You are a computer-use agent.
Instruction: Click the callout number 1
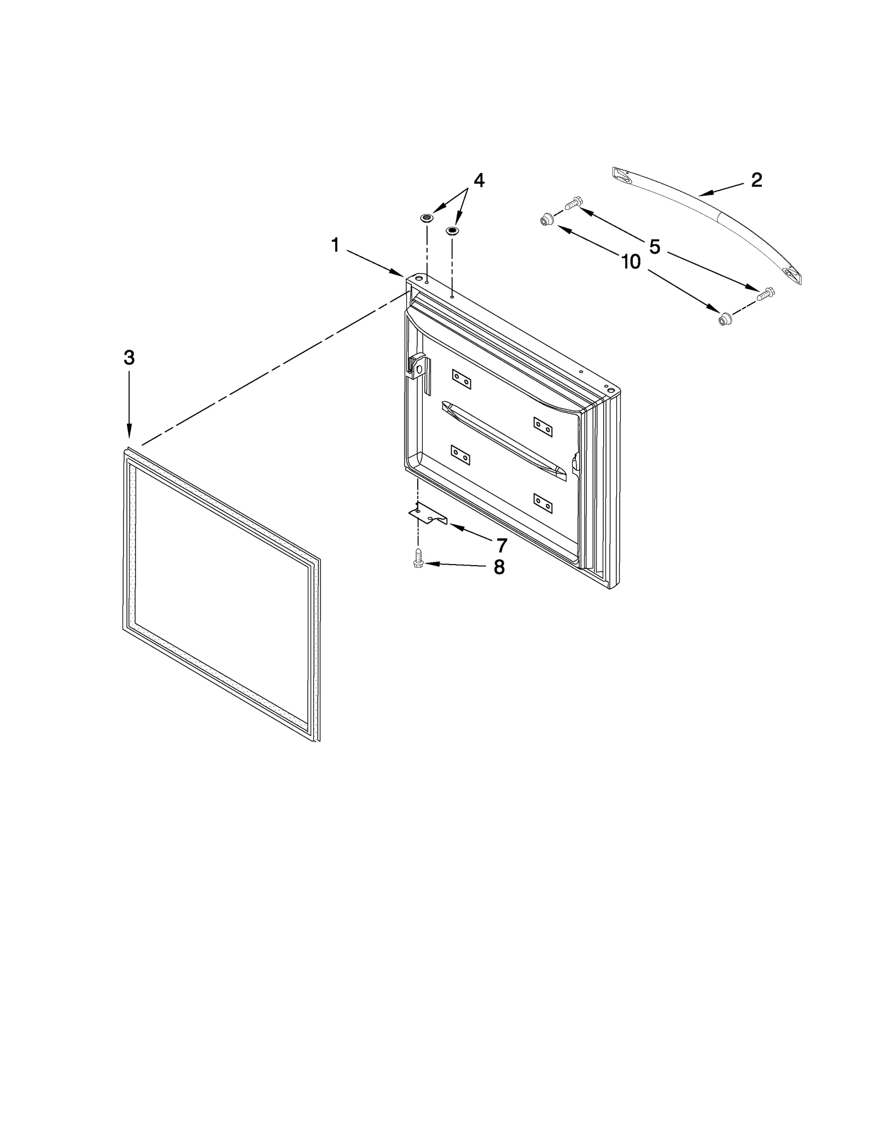pyautogui.click(x=335, y=246)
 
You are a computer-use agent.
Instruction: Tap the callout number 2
pyautogui.click(x=756, y=180)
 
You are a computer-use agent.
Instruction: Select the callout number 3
pyautogui.click(x=129, y=358)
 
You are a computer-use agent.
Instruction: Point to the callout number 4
pyautogui.click(x=479, y=180)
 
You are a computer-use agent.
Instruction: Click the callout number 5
pyautogui.click(x=655, y=247)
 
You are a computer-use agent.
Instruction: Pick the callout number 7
pyautogui.click(x=501, y=545)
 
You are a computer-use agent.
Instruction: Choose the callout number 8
pyautogui.click(x=499, y=567)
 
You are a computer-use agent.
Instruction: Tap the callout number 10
pyautogui.click(x=631, y=262)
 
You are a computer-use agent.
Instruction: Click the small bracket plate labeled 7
pyautogui.click(x=428, y=514)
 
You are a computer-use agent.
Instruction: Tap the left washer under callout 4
pyautogui.click(x=427, y=218)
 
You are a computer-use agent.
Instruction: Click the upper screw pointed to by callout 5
pyautogui.click(x=571, y=203)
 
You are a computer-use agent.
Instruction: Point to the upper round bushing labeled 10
pyautogui.click(x=545, y=220)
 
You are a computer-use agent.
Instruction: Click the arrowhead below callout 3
pyautogui.click(x=129, y=434)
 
